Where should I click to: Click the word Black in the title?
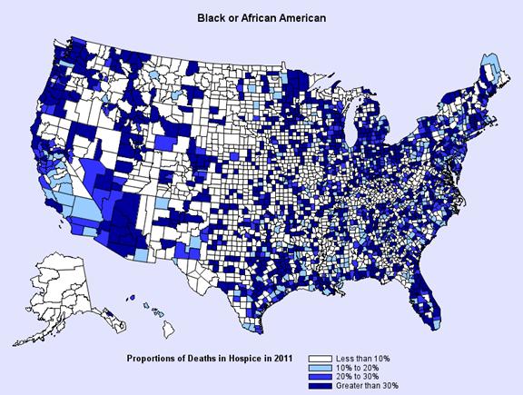213,16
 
